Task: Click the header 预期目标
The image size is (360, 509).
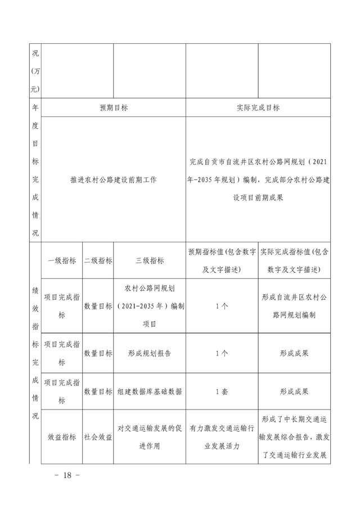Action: pos(113,107)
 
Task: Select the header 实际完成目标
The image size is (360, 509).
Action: pos(258,107)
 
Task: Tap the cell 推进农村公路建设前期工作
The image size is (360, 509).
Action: pos(113,180)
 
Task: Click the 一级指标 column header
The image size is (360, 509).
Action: pos(62,260)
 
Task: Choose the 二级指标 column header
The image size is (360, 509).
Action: pos(98,260)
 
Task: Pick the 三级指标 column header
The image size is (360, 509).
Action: pos(150,260)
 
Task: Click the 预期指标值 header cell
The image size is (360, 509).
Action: pos(222,260)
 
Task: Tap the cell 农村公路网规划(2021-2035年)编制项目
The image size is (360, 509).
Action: pos(150,306)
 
